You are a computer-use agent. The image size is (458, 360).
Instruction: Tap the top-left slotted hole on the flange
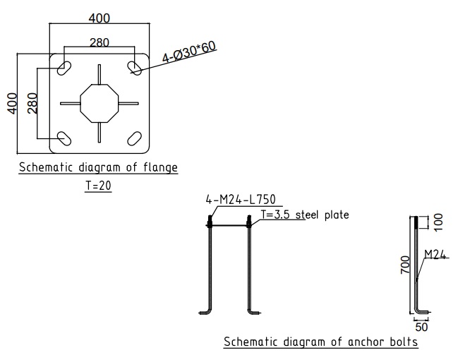click(x=64, y=68)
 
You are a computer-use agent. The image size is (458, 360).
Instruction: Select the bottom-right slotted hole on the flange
click(x=134, y=138)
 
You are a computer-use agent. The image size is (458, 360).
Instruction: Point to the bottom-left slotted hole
click(x=64, y=138)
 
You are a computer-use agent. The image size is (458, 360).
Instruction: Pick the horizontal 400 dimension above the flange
click(x=100, y=18)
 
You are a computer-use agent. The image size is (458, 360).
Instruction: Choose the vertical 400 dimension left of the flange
click(x=12, y=104)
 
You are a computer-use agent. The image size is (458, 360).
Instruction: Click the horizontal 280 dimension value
click(x=100, y=42)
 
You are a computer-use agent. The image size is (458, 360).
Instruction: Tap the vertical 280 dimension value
click(x=32, y=103)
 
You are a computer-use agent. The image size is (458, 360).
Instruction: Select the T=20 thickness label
click(x=98, y=186)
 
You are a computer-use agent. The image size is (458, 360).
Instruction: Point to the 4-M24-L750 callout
click(x=241, y=200)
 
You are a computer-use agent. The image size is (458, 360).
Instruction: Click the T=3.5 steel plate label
click(x=305, y=215)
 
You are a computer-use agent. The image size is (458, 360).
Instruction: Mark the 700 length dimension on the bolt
click(x=405, y=265)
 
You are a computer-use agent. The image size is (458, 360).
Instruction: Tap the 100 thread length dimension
click(x=438, y=222)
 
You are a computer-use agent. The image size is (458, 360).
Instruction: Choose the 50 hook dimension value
click(x=421, y=327)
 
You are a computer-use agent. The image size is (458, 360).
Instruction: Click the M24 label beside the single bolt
click(x=435, y=255)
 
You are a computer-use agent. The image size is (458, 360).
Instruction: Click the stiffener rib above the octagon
click(x=100, y=74)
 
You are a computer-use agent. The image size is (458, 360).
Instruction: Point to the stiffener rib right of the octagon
click(x=128, y=103)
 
